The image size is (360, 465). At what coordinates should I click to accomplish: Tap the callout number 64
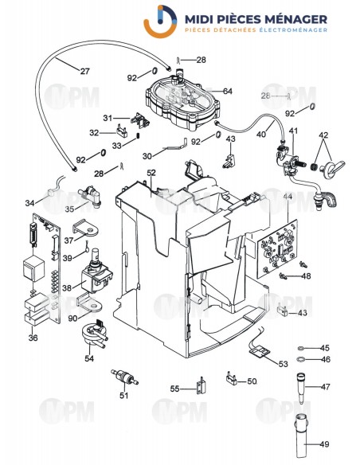pos(228,92)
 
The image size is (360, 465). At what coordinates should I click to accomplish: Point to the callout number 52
pos(151,173)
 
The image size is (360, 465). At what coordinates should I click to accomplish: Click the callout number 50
pos(252,381)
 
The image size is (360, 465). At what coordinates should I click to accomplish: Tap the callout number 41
pos(294,131)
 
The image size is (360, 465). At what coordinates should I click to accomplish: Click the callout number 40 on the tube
pos(260,135)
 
